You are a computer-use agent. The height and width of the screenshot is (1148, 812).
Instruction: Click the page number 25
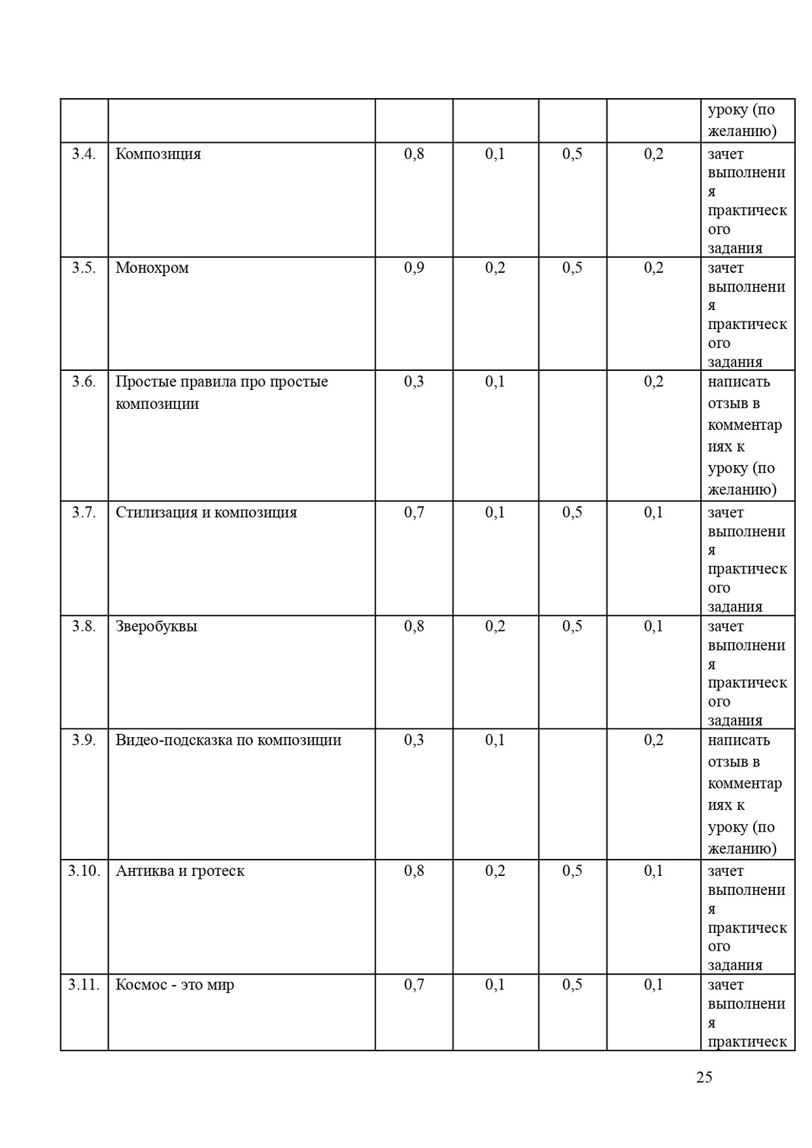click(x=704, y=1077)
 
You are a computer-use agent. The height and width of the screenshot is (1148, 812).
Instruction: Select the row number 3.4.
click(x=84, y=154)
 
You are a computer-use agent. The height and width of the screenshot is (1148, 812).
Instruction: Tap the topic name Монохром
click(x=152, y=267)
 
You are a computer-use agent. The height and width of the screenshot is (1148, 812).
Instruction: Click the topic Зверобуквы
click(x=156, y=626)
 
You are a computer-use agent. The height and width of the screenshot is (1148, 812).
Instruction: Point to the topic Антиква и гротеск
click(x=180, y=870)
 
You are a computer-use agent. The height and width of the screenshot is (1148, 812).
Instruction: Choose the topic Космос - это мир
click(x=175, y=984)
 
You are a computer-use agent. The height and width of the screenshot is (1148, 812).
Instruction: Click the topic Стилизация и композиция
click(x=206, y=512)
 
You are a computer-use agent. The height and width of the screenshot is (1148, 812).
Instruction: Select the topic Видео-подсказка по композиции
click(x=228, y=740)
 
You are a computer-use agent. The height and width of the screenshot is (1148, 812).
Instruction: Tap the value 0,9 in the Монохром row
click(x=414, y=267)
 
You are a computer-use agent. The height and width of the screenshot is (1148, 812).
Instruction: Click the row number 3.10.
click(x=84, y=870)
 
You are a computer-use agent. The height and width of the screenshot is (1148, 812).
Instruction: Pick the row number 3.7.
click(x=84, y=512)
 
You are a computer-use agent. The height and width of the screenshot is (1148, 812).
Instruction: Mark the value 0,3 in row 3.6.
click(x=414, y=382)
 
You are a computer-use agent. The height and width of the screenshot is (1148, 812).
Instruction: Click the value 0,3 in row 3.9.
click(x=414, y=740)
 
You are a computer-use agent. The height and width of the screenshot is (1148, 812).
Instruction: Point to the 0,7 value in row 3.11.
click(x=414, y=984)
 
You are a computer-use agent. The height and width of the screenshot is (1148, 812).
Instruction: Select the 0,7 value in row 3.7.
click(x=414, y=512)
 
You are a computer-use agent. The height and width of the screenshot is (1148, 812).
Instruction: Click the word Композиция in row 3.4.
click(x=158, y=154)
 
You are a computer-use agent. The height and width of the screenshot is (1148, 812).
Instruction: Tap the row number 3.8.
click(x=84, y=626)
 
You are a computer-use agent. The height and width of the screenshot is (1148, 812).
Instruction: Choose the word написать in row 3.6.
click(x=739, y=382)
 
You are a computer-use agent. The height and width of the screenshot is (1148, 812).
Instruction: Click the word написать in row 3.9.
click(x=739, y=740)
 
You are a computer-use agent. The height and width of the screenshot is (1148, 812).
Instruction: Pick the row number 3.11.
click(x=84, y=984)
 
